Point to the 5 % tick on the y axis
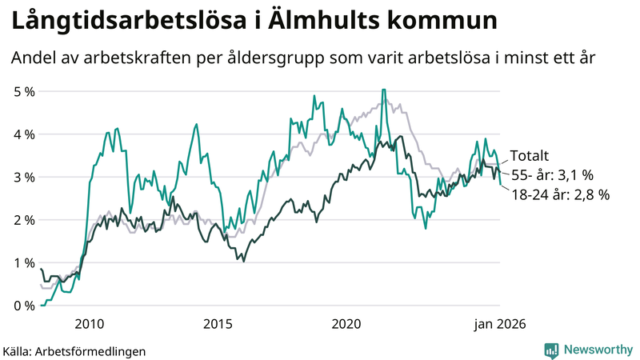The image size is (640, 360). coord(25,91)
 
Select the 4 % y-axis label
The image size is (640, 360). coord(25,134)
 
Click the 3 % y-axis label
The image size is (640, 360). coord(25,177)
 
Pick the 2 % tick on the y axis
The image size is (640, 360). coord(25,220)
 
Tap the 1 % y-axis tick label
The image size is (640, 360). coord(25,262)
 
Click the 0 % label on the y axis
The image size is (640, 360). coord(25,306)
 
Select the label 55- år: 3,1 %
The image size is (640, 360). coord(551,175)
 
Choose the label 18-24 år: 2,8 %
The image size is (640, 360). coord(560,194)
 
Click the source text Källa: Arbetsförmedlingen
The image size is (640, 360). coord(74,350)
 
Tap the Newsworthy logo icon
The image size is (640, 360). coord(551,350)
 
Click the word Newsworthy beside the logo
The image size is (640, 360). coord(596,350)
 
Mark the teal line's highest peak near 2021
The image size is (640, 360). coord(384,90)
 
